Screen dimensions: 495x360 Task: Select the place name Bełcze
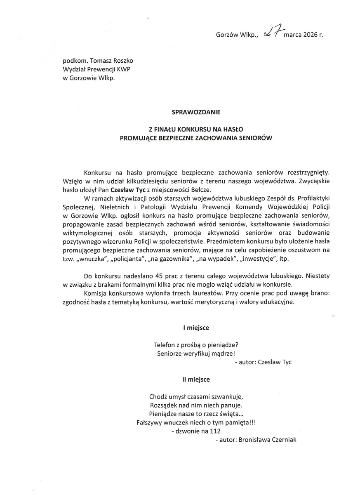(x=200, y=190)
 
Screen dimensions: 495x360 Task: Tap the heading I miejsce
(x=196, y=328)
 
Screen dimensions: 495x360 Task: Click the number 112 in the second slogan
(x=215, y=431)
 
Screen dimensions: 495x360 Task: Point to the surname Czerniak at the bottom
(x=282, y=440)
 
